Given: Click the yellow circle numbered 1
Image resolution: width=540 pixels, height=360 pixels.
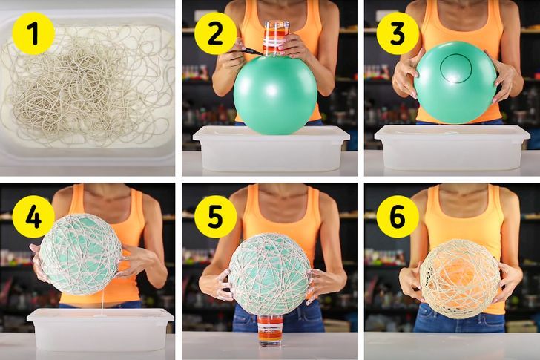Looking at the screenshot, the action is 33,33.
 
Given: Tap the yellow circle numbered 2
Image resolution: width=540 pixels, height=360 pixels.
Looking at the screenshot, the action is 216,33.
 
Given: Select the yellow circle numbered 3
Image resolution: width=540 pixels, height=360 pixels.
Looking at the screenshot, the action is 398,33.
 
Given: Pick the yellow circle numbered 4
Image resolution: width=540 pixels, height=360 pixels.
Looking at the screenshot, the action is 33,217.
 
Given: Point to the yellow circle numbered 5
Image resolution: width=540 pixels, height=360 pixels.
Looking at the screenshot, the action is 216,217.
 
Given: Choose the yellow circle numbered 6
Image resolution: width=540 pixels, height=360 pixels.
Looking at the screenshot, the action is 398,217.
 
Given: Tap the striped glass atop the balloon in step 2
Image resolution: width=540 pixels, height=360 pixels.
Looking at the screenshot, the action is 275,39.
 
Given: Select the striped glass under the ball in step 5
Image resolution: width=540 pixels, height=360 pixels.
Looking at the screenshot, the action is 271,330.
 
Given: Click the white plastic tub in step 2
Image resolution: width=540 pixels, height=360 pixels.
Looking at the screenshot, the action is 271,148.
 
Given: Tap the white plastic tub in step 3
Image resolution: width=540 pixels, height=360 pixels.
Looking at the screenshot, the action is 452,148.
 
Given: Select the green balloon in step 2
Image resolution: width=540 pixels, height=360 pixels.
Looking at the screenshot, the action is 275,94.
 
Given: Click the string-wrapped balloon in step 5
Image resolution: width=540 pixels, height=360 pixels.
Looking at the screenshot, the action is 270,274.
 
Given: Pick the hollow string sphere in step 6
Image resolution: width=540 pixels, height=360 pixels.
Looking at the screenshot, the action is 461,279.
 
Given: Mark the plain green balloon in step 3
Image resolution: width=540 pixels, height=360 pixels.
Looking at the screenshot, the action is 455,82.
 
